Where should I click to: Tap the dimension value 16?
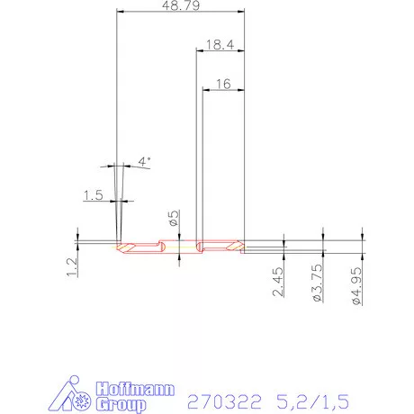pyautogui.click(x=224, y=83)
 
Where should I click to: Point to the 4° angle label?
pyautogui.click(x=143, y=161)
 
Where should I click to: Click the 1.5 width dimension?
pyautogui.click(x=93, y=195)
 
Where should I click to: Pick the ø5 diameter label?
pyautogui.click(x=174, y=217)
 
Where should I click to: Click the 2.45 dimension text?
pyautogui.click(x=279, y=287)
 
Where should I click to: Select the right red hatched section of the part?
pyautogui.click(x=220, y=245)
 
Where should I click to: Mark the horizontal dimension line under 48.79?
pyautogui.click(x=180, y=13)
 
